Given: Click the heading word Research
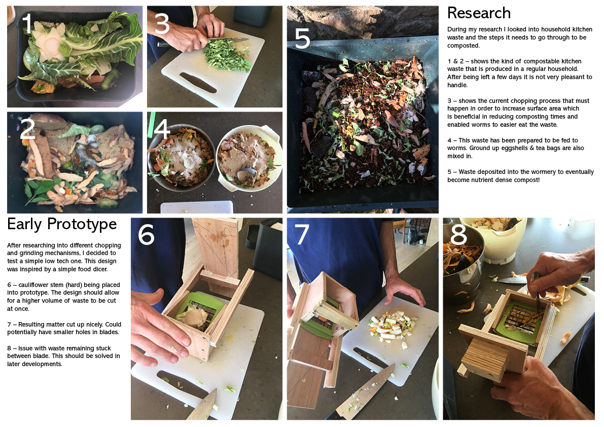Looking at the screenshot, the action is pos(479,13).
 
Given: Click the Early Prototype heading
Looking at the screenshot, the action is pos(62,224).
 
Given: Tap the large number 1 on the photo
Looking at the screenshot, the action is pos(27,23).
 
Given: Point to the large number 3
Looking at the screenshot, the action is pos(162,23).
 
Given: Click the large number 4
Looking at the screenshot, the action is pos(162,129).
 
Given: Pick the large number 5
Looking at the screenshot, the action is pos(302,38).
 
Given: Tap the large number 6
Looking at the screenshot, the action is pos(146,234).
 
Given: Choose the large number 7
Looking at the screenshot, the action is pos(302,234).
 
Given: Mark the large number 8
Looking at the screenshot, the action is pos(458,234).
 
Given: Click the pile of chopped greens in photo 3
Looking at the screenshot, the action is pos(227,55).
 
